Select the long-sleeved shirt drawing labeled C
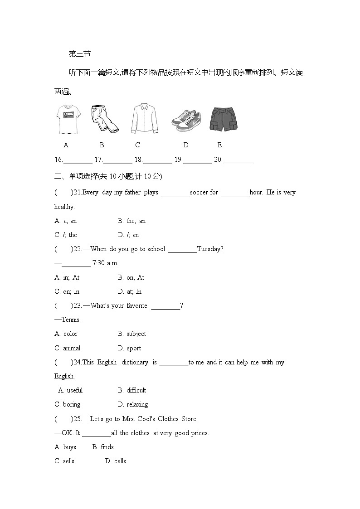pos(144,118)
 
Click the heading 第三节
pos(79,54)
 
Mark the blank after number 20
pos(238,160)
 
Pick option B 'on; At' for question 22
pos(131,277)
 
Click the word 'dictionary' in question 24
pos(135,362)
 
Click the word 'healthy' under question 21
pos(64,207)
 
